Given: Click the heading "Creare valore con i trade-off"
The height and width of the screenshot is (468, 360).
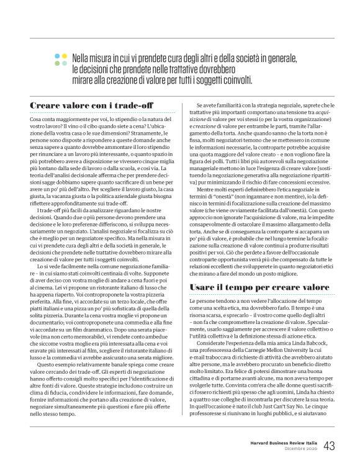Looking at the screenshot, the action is [91, 106].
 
